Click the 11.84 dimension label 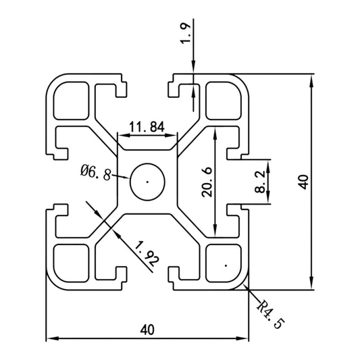point(147,127)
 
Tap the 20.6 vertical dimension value point(207,182)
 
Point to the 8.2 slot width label point(260,182)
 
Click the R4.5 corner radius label point(270,314)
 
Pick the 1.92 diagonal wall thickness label point(147,254)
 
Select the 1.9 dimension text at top point(186,33)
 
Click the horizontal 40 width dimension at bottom point(147,330)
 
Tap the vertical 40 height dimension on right point(303,182)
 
